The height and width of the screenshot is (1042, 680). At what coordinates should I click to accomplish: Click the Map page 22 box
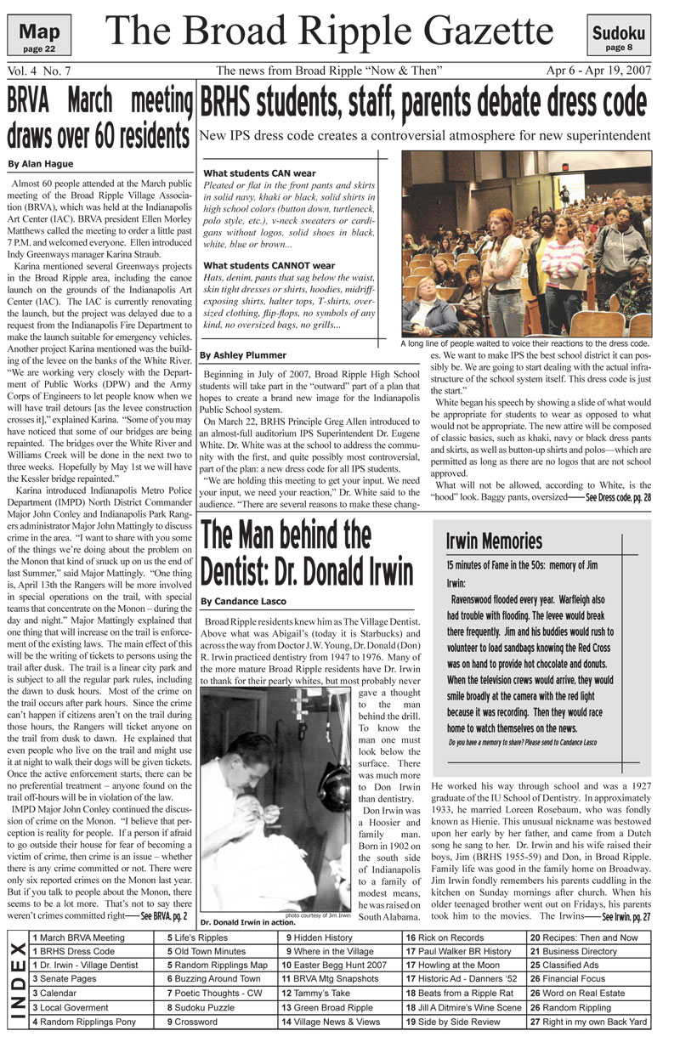[38, 37]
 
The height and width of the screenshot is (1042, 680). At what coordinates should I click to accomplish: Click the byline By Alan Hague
[41, 164]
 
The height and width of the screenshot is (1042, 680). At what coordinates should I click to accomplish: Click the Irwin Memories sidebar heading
[494, 541]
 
